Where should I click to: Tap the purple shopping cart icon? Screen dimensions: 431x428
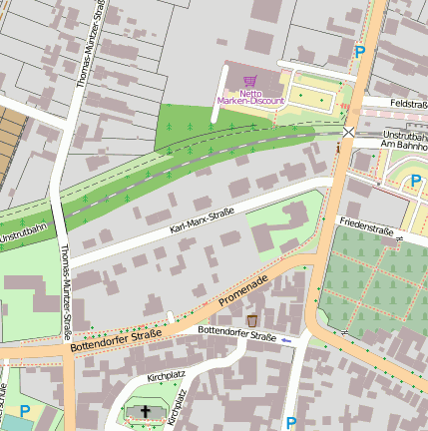(x=249, y=81)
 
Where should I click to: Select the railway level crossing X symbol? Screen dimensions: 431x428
(x=348, y=132)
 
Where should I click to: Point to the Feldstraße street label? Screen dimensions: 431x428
(x=408, y=104)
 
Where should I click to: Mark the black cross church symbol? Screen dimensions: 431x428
(x=146, y=411)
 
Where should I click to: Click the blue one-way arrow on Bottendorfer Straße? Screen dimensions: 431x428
(x=287, y=341)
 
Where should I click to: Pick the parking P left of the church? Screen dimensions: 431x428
(x=25, y=410)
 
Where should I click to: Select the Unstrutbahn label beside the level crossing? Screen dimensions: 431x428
(x=405, y=134)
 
